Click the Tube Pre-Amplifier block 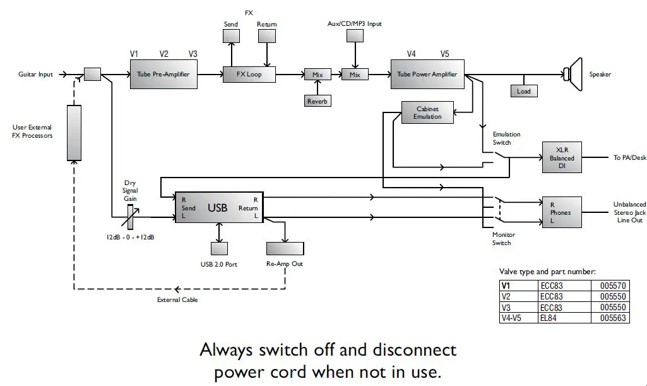pyautogui.click(x=163, y=75)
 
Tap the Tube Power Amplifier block pyautogui.click(x=427, y=75)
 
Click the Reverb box pyautogui.click(x=318, y=101)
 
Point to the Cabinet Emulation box pyautogui.click(x=427, y=113)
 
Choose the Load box pyautogui.click(x=523, y=91)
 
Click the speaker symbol pyautogui.click(x=574, y=75)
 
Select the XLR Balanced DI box pyautogui.click(x=561, y=157)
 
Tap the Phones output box pyautogui.click(x=560, y=212)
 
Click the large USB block pyautogui.click(x=219, y=207)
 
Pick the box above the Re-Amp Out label pyautogui.click(x=285, y=248)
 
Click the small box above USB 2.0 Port pyautogui.click(x=219, y=248)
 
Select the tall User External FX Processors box pyautogui.click(x=74, y=133)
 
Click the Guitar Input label pyautogui.click(x=36, y=75)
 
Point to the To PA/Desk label pyautogui.click(x=630, y=157)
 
